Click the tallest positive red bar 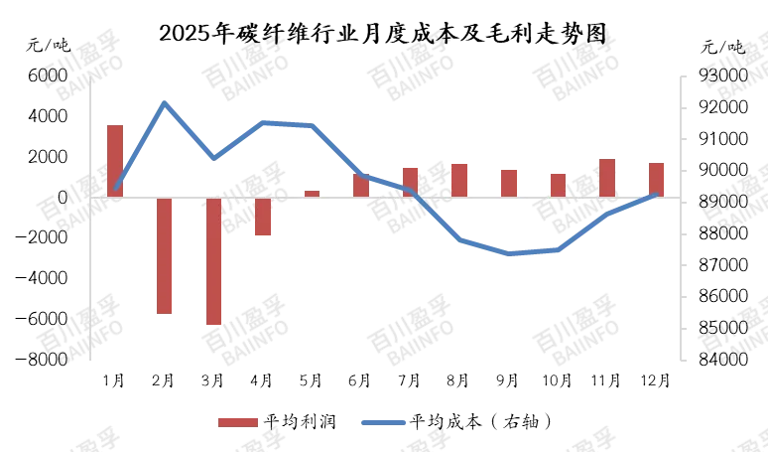click(115, 159)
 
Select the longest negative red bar click(214, 260)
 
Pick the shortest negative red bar click(263, 217)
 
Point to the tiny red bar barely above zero click(312, 193)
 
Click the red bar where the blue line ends click(656, 178)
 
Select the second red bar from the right click(607, 177)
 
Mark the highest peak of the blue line click(165, 100)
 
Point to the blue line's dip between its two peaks click(213, 157)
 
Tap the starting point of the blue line click(115, 189)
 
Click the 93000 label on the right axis click(721, 75)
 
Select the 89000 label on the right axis click(721, 201)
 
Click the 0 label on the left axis click(62, 199)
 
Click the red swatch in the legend click(236, 422)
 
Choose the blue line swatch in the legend click(383, 422)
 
